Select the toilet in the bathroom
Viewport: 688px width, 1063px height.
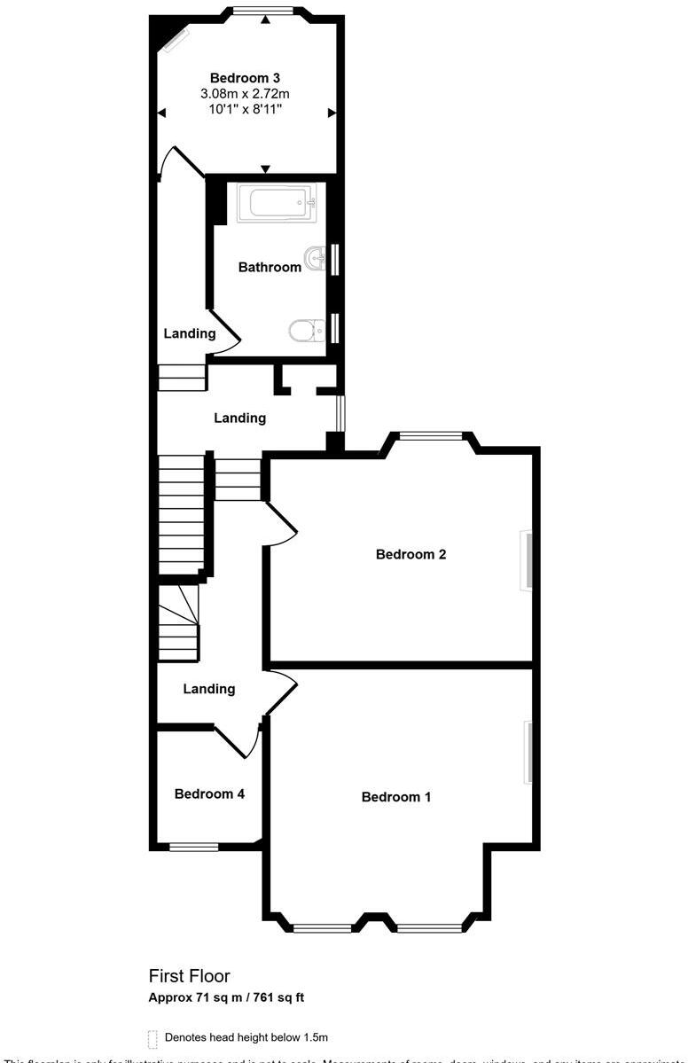coord(304,331)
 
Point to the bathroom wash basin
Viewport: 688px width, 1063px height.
coord(315,259)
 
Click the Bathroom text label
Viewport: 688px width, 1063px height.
coord(270,267)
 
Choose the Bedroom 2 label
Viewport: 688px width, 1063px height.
coord(410,555)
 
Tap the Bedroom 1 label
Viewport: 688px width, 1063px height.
coord(396,797)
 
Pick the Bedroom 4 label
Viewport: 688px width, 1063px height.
coord(209,794)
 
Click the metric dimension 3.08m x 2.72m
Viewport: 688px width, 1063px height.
coord(246,93)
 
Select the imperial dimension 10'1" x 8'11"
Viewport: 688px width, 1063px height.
coord(246,109)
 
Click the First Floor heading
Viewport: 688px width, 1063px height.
coord(189,976)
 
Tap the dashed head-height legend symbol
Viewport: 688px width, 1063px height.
coord(152,1037)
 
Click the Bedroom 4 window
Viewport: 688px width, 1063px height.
coord(194,847)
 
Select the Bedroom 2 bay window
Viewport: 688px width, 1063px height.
coord(430,435)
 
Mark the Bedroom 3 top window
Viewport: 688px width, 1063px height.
coord(263,11)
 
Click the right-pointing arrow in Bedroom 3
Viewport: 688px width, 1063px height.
coord(332,113)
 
